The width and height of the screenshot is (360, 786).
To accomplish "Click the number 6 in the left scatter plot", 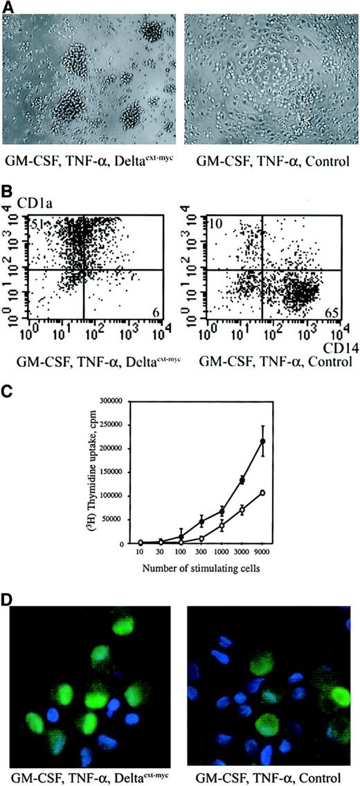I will [x=156, y=313].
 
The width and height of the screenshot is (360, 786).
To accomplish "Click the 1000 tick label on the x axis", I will [x=222, y=553].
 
